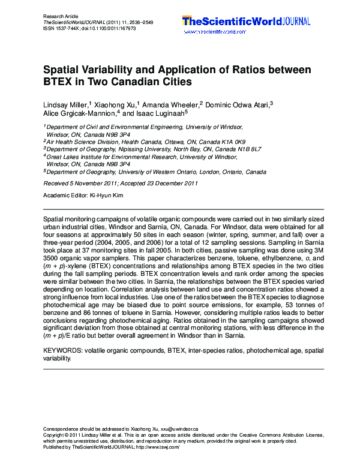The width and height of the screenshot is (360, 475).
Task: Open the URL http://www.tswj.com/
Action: (158, 447)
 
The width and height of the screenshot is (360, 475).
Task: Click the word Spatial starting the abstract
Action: (55, 221)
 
